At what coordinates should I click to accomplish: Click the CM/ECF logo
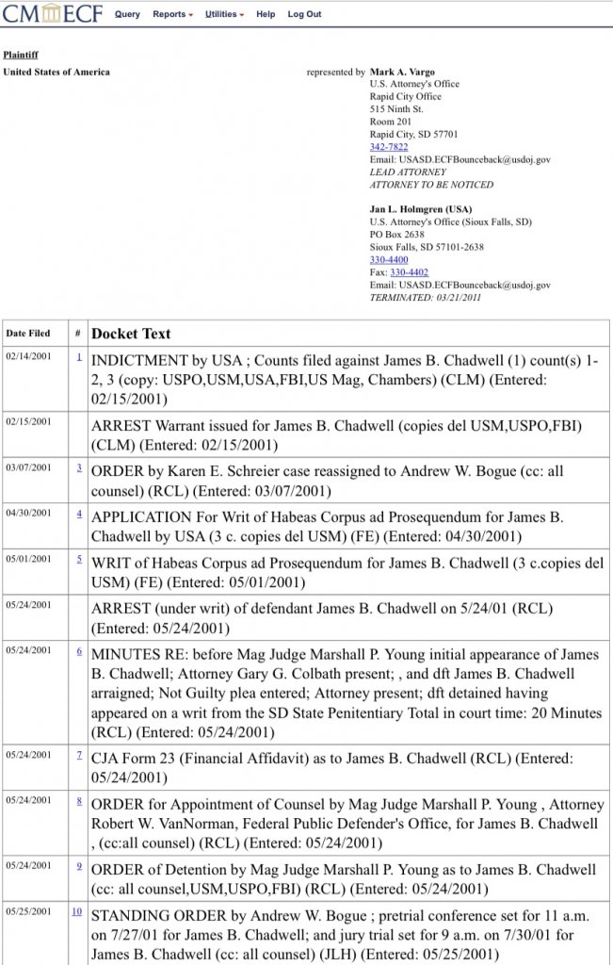53,15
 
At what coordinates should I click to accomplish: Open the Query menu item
127,15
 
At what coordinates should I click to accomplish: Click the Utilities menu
222,15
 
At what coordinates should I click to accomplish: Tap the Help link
266,15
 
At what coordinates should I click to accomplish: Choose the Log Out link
304,15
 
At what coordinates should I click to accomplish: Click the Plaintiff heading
21,56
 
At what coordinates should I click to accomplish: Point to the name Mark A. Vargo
402,72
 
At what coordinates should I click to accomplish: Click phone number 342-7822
389,147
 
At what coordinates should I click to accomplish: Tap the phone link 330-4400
389,259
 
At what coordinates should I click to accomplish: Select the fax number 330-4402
409,272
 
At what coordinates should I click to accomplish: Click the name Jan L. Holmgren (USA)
421,209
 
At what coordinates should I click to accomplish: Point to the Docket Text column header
131,334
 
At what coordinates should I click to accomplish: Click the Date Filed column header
28,334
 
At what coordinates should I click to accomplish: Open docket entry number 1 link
79,357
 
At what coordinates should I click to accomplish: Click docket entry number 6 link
79,651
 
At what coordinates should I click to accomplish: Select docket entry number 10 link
76,911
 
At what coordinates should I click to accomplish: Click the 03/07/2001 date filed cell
28,467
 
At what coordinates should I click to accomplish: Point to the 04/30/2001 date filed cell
28,514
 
